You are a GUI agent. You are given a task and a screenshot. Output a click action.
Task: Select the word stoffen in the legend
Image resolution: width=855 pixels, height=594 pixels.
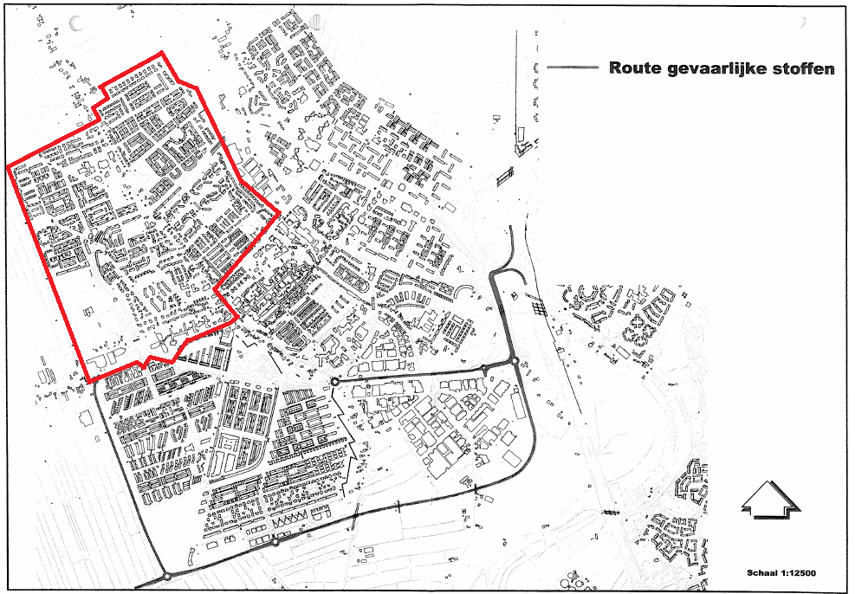(806, 68)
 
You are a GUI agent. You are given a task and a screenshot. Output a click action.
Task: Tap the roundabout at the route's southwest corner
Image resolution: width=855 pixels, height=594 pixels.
(165, 576)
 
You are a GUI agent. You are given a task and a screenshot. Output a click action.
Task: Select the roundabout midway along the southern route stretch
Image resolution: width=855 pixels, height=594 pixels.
(275, 543)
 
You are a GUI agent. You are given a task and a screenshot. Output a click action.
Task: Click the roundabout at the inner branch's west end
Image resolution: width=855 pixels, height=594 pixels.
(334, 381)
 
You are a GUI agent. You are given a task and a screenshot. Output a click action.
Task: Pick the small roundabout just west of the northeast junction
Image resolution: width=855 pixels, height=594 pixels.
(484, 368)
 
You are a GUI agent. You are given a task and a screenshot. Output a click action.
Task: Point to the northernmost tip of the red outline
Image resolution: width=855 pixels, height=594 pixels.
(162, 54)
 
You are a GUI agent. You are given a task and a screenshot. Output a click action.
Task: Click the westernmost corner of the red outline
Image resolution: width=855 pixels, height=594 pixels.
(7, 165)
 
